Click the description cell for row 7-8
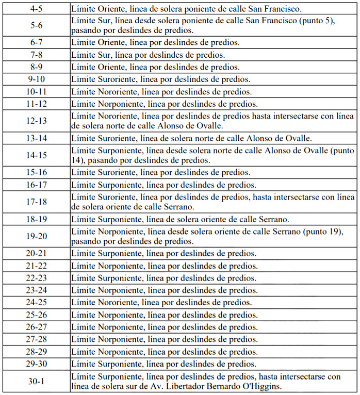pos(214,54)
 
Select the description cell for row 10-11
pos(214,91)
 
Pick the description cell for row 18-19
pos(214,219)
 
